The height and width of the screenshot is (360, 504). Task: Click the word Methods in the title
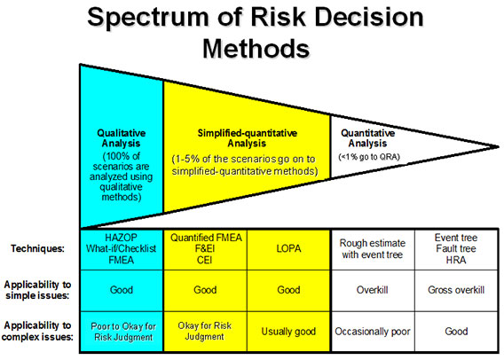pos(256,49)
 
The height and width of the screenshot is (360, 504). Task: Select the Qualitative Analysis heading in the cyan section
pos(122,138)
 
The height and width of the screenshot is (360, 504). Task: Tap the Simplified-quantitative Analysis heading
pos(247,138)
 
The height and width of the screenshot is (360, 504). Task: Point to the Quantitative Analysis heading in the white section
pos(367,138)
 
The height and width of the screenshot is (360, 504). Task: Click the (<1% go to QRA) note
pos(369,157)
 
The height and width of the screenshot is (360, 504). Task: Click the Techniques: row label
pos(37,248)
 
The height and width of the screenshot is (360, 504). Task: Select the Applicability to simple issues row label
pos(37,290)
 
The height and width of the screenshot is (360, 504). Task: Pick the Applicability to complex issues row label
pos(37,331)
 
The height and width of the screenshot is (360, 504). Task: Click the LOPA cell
pos(288,248)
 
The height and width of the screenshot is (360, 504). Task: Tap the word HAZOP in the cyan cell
pos(122,238)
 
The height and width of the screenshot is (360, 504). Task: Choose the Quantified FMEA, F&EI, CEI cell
pos(205,248)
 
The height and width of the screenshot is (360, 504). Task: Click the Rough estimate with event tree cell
pos(373,249)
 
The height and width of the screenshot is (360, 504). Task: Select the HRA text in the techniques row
pos(456,260)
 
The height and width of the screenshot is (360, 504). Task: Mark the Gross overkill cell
pos(456,290)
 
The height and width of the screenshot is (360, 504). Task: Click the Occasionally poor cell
pos(373,332)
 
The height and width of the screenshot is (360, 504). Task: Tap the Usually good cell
pos(288,332)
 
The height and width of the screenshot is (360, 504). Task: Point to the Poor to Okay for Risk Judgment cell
pos(123,332)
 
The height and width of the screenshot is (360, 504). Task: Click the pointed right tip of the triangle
pos(498,147)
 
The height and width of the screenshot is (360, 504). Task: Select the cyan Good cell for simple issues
pos(122,290)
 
